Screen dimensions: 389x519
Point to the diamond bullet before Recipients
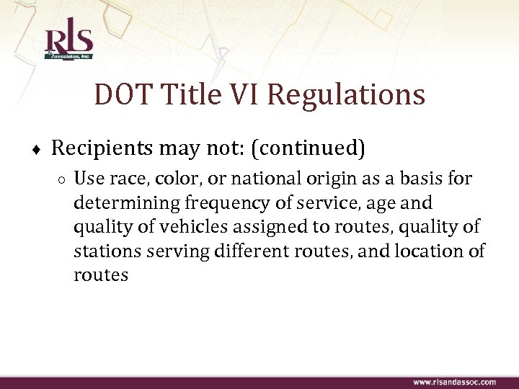[x=36, y=151]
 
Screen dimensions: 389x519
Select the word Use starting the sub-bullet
[x=89, y=179]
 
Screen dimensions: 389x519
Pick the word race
[x=128, y=179]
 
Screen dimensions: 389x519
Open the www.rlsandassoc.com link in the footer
[x=454, y=382]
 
